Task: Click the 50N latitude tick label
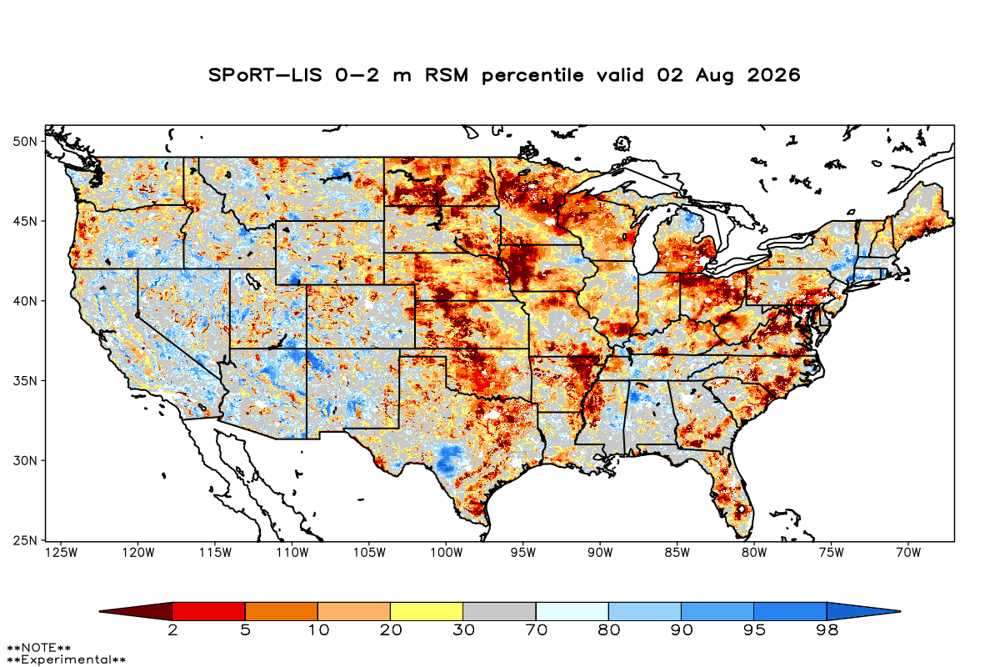coord(25,142)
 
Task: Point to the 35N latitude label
coord(25,381)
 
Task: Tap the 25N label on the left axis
coord(25,541)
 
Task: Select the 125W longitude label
coord(61,553)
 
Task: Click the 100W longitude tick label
coord(447,553)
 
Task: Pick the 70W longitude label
coord(908,553)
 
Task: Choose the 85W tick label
coord(677,553)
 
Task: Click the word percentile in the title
coord(532,76)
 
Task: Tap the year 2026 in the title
coord(773,75)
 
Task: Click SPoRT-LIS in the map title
coord(265,75)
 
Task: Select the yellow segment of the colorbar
coord(427,611)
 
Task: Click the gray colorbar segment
coord(499,611)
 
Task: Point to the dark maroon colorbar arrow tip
coord(100,611)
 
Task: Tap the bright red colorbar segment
coord(208,611)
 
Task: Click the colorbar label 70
coord(536,630)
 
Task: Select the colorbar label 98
coord(827,630)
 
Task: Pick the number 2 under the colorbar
coord(172,630)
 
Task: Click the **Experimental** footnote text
coord(66,659)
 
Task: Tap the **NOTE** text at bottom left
coord(39,647)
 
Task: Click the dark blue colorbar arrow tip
coord(899,611)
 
